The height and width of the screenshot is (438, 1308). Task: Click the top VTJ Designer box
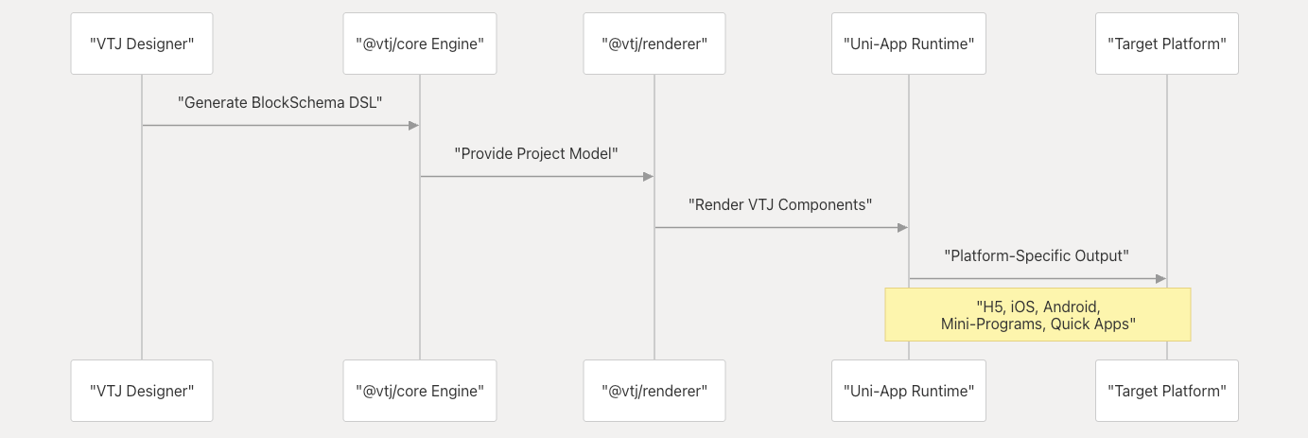142,44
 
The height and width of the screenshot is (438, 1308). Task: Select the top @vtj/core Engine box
420,44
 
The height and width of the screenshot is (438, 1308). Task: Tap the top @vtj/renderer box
654,44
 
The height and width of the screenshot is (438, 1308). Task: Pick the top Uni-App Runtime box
909,44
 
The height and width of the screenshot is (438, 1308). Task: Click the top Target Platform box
1167,44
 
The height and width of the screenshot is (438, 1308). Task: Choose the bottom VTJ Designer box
142,391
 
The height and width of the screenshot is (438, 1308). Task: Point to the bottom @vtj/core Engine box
420,391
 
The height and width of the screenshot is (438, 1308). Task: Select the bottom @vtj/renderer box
654,391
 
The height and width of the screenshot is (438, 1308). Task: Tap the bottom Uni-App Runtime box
909,391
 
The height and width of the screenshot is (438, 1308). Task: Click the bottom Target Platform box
1167,391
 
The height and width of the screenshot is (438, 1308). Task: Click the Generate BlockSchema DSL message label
280,103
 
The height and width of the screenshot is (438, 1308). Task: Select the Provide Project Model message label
536,153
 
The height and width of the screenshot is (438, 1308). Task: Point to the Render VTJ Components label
780,205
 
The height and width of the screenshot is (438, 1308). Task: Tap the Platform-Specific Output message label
1037,255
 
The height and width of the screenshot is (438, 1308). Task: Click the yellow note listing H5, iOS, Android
1038,315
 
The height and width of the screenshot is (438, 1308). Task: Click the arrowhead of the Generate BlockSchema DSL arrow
414,126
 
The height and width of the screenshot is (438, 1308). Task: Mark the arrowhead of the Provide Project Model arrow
648,176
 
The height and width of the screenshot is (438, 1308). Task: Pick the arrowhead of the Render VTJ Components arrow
903,228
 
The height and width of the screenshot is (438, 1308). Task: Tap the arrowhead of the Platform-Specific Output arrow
1160,278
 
